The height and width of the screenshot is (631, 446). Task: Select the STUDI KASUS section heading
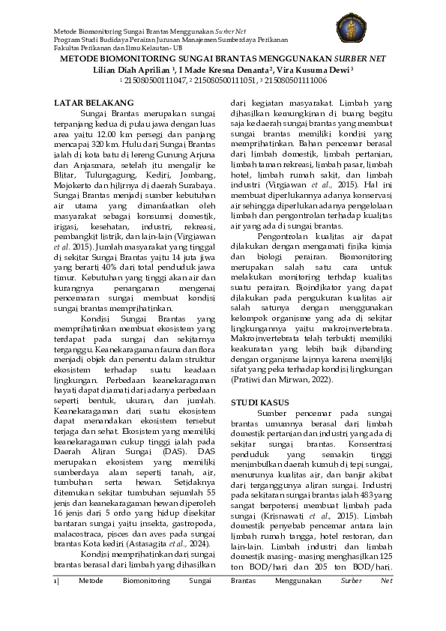[259, 403]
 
